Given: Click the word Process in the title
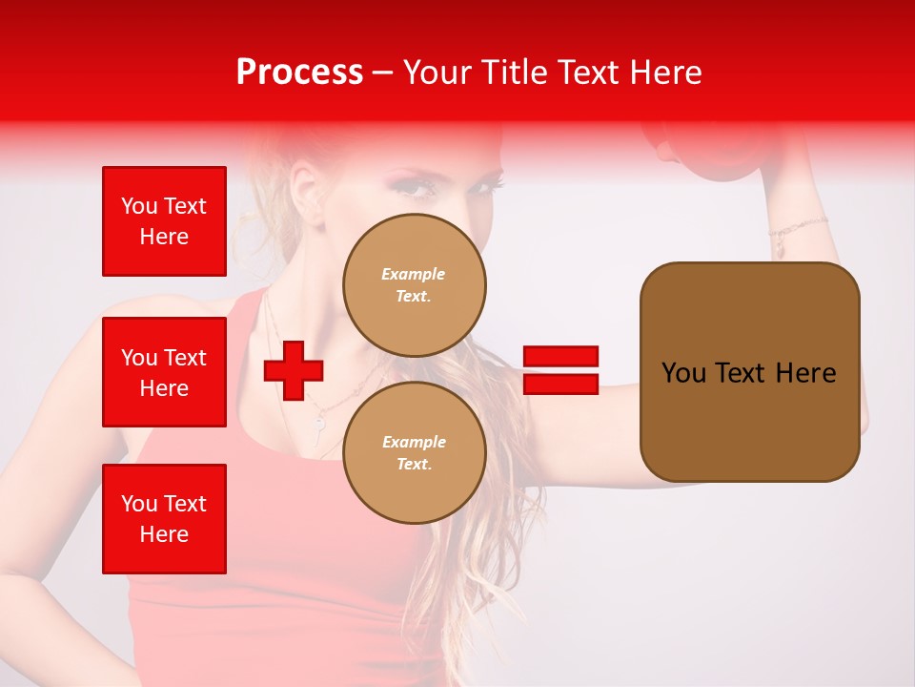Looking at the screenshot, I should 299,73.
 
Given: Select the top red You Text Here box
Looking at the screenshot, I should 164,221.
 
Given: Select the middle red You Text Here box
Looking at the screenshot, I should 164,372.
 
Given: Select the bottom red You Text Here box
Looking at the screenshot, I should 164,519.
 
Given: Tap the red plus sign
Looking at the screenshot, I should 294,369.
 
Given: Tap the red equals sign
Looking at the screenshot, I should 560,370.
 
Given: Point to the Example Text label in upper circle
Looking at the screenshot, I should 414,285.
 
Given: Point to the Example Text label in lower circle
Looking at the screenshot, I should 414,453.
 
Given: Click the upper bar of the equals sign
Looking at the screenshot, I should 560,357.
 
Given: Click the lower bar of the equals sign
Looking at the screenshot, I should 560,385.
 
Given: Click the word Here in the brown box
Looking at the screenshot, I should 805,373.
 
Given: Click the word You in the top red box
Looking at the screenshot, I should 139,206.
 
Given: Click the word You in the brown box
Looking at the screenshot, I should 683,373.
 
